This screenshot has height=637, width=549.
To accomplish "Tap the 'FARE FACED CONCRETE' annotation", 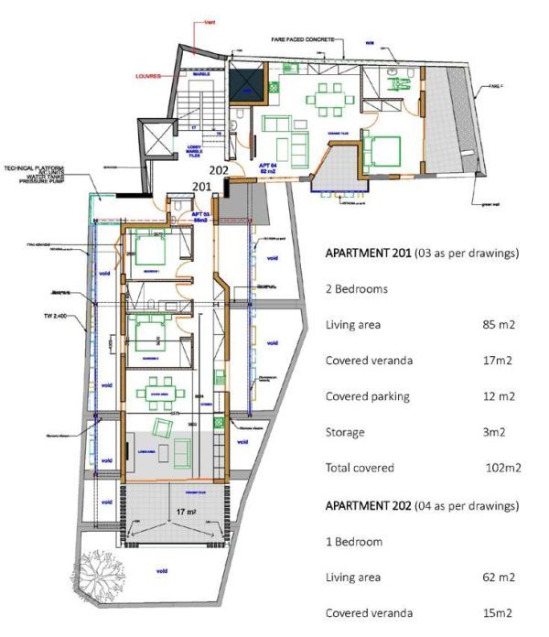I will pyautogui.click(x=303, y=40).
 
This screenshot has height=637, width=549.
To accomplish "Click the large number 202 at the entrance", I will pyautogui.click(x=219, y=169).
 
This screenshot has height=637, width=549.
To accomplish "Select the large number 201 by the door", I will pyautogui.click(x=202, y=187).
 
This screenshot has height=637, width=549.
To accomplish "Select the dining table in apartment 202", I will pyautogui.click(x=324, y=95).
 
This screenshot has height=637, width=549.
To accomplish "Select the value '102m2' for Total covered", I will pyautogui.click(x=502, y=468).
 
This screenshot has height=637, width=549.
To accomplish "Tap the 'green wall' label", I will pyautogui.click(x=485, y=206).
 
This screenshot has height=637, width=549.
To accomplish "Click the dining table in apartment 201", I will pyautogui.click(x=155, y=394).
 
